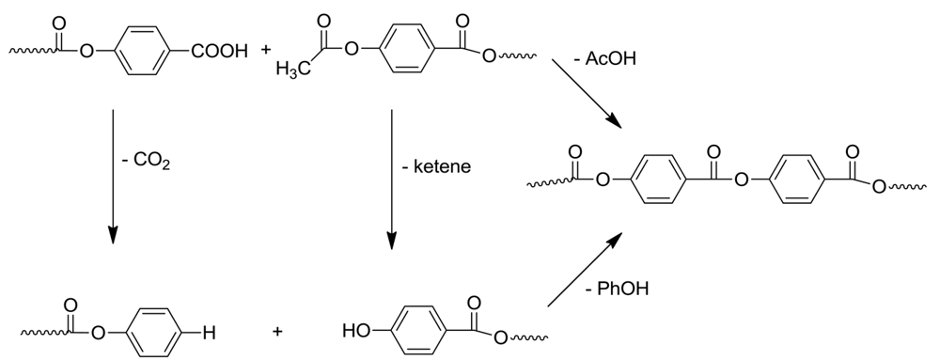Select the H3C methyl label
pos(294,69)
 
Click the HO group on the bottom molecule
pos(355,330)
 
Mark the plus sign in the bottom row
pos(278,331)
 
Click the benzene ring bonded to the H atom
pos(154,331)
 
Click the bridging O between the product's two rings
pos(742,181)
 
